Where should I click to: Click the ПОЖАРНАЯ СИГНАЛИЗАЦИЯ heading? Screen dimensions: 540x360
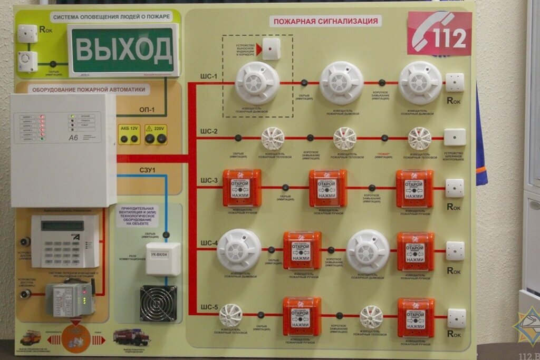(325, 21)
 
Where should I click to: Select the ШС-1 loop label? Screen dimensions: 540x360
(209, 77)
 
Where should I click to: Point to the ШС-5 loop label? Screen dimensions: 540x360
(209, 307)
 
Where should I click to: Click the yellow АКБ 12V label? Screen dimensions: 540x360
(129, 129)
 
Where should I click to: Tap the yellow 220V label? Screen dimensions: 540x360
(156, 128)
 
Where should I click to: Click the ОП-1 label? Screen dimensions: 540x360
(147, 110)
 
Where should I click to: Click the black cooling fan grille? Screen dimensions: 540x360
(158, 303)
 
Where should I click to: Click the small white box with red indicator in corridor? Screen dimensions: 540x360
(271, 49)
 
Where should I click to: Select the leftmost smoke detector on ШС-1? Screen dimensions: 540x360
(257, 82)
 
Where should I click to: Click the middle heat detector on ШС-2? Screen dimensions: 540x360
(344, 139)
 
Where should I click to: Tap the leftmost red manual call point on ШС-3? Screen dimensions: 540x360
(242, 188)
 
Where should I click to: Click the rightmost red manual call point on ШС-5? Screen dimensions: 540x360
(416, 317)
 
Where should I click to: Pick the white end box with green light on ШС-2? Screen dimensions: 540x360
(455, 137)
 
